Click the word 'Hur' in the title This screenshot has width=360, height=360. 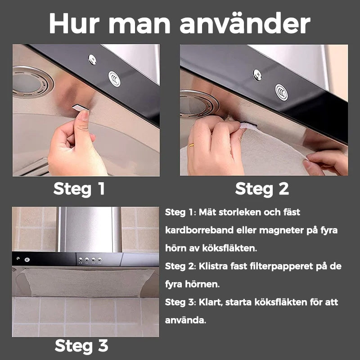[x=74, y=23]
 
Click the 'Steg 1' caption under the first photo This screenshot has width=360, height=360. [x=79, y=189]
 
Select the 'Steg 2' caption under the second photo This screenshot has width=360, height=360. [x=262, y=189]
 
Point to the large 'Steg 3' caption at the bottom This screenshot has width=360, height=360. [x=81, y=346]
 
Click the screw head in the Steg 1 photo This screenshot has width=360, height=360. [x=92, y=59]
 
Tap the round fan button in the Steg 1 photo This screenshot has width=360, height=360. [x=114, y=79]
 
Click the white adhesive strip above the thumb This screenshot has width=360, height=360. [x=80, y=108]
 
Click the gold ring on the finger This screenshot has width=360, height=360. [x=191, y=145]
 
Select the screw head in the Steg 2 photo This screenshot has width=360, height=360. [x=257, y=75]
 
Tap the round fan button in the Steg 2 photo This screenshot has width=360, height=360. [x=282, y=92]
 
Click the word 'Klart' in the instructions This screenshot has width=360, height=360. [x=211, y=302]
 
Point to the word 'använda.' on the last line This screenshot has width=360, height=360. [x=185, y=320]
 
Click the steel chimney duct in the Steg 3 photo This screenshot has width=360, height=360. [x=90, y=229]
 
